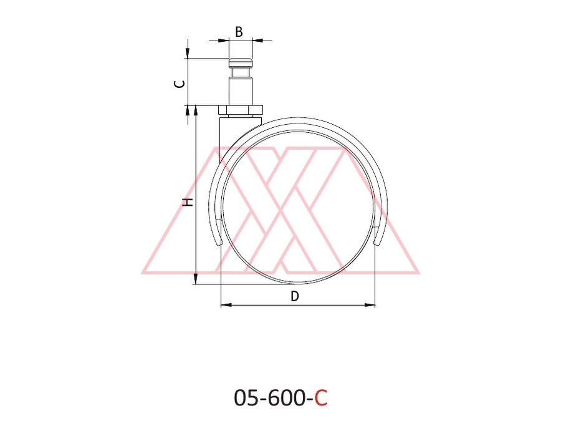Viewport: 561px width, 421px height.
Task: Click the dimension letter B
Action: (x=239, y=32)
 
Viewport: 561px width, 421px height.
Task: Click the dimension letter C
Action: (x=180, y=84)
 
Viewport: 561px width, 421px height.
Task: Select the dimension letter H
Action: (x=188, y=202)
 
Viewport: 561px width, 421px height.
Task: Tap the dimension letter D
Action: (x=294, y=296)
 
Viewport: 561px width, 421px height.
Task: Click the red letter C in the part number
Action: (x=321, y=398)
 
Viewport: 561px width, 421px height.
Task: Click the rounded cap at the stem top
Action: (x=241, y=64)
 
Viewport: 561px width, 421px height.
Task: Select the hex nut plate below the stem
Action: (x=241, y=110)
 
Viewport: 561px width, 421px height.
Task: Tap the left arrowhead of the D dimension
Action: (x=226, y=305)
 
